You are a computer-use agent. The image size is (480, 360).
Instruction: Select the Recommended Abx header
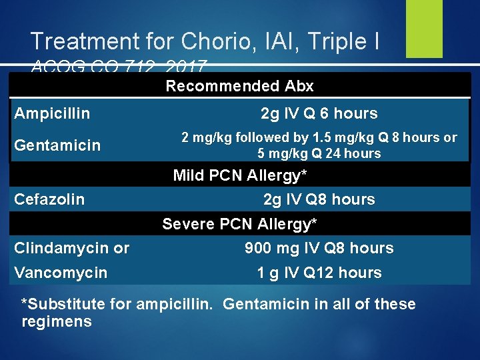(239, 86)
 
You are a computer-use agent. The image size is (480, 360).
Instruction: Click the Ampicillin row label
(52, 113)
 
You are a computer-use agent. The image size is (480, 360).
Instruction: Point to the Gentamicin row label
(57, 145)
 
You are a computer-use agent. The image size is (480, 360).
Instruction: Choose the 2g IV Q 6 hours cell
(319, 113)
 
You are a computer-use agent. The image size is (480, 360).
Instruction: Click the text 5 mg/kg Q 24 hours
(319, 153)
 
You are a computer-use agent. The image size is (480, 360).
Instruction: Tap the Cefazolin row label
(49, 199)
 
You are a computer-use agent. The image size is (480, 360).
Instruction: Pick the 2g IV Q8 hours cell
(319, 199)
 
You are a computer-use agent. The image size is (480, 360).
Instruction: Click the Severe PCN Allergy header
(239, 223)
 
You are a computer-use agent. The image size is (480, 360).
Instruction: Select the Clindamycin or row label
(72, 248)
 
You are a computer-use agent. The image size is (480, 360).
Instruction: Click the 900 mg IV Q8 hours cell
(319, 248)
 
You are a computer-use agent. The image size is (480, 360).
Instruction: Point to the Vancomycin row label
(61, 273)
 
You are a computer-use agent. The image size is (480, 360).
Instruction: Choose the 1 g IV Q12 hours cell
(319, 273)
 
